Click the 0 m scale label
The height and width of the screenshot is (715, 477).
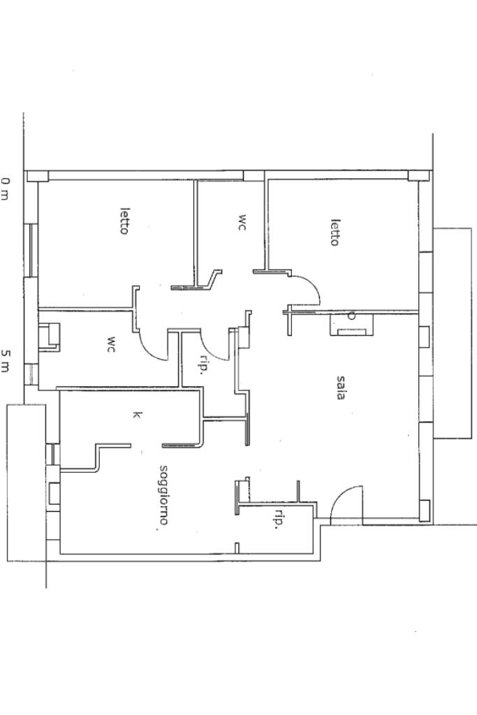pyautogui.click(x=5, y=189)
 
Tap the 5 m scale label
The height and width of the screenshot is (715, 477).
pyautogui.click(x=5, y=360)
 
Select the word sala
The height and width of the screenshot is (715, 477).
pyautogui.click(x=339, y=387)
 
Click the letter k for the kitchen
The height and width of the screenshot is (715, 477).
pyautogui.click(x=137, y=415)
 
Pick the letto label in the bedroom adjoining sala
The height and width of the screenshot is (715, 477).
pyautogui.click(x=335, y=233)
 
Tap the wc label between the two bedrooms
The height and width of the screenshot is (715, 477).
pyautogui.click(x=242, y=222)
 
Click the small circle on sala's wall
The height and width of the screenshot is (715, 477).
pyautogui.click(x=351, y=316)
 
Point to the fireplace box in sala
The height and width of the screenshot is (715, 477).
pyautogui.click(x=351, y=325)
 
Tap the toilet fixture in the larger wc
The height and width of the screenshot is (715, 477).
pyautogui.click(x=50, y=337)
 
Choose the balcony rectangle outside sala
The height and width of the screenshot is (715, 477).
pyautogui.click(x=452, y=333)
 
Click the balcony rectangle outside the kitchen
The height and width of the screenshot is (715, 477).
pyautogui.click(x=26, y=482)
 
